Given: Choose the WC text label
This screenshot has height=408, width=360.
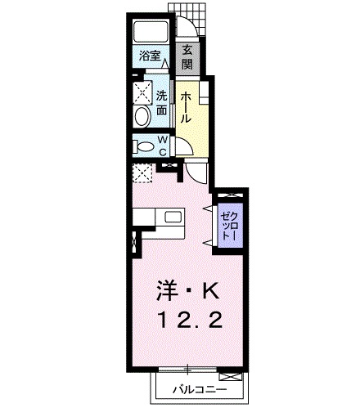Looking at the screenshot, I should coord(163,146).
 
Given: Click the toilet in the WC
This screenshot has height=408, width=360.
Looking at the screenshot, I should coord(143,146).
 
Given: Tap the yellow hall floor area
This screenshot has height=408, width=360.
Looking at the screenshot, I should coord(194,123).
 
